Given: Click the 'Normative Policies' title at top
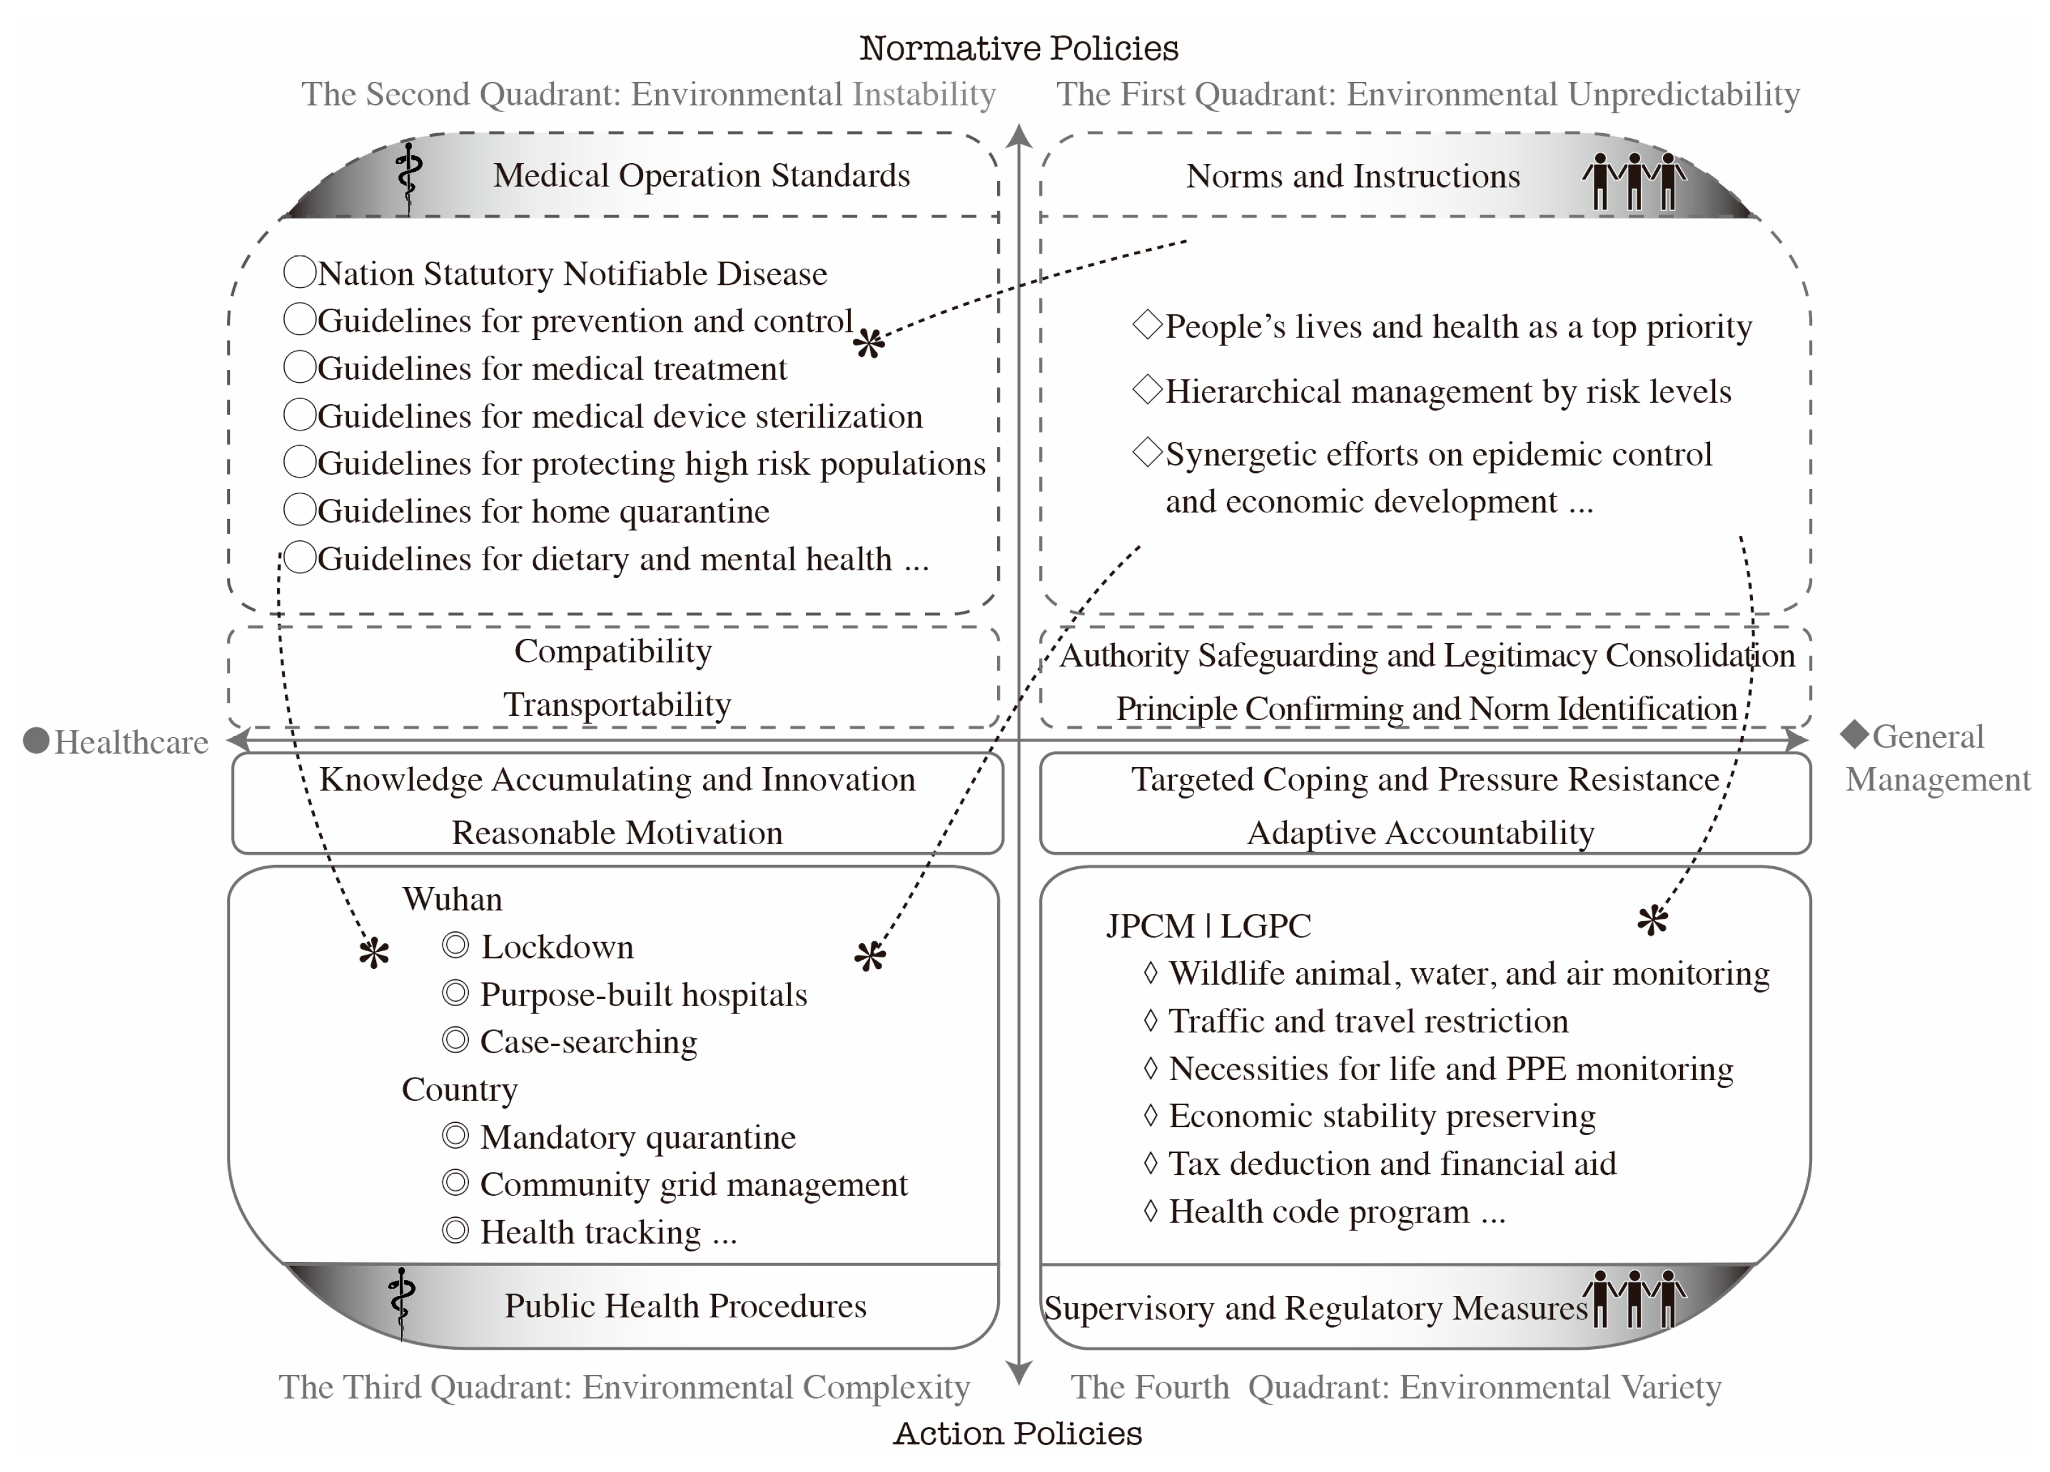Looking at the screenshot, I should point(1019,48).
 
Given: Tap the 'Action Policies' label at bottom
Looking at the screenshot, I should point(1018,1433).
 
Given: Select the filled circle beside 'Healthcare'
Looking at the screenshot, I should point(36,740).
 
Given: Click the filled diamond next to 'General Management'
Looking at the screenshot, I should point(1855,735).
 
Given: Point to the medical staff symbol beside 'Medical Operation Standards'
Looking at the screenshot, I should point(408,176).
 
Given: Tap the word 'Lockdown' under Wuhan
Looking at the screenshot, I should point(557,947).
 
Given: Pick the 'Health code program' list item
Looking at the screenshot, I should point(1319,1212).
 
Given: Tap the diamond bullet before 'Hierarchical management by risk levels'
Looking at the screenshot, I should point(1147,389).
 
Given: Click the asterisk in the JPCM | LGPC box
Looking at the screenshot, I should point(1653,920).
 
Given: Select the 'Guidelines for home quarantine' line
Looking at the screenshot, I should point(544,512).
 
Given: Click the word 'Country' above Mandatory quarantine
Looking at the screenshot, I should point(459,1090).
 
